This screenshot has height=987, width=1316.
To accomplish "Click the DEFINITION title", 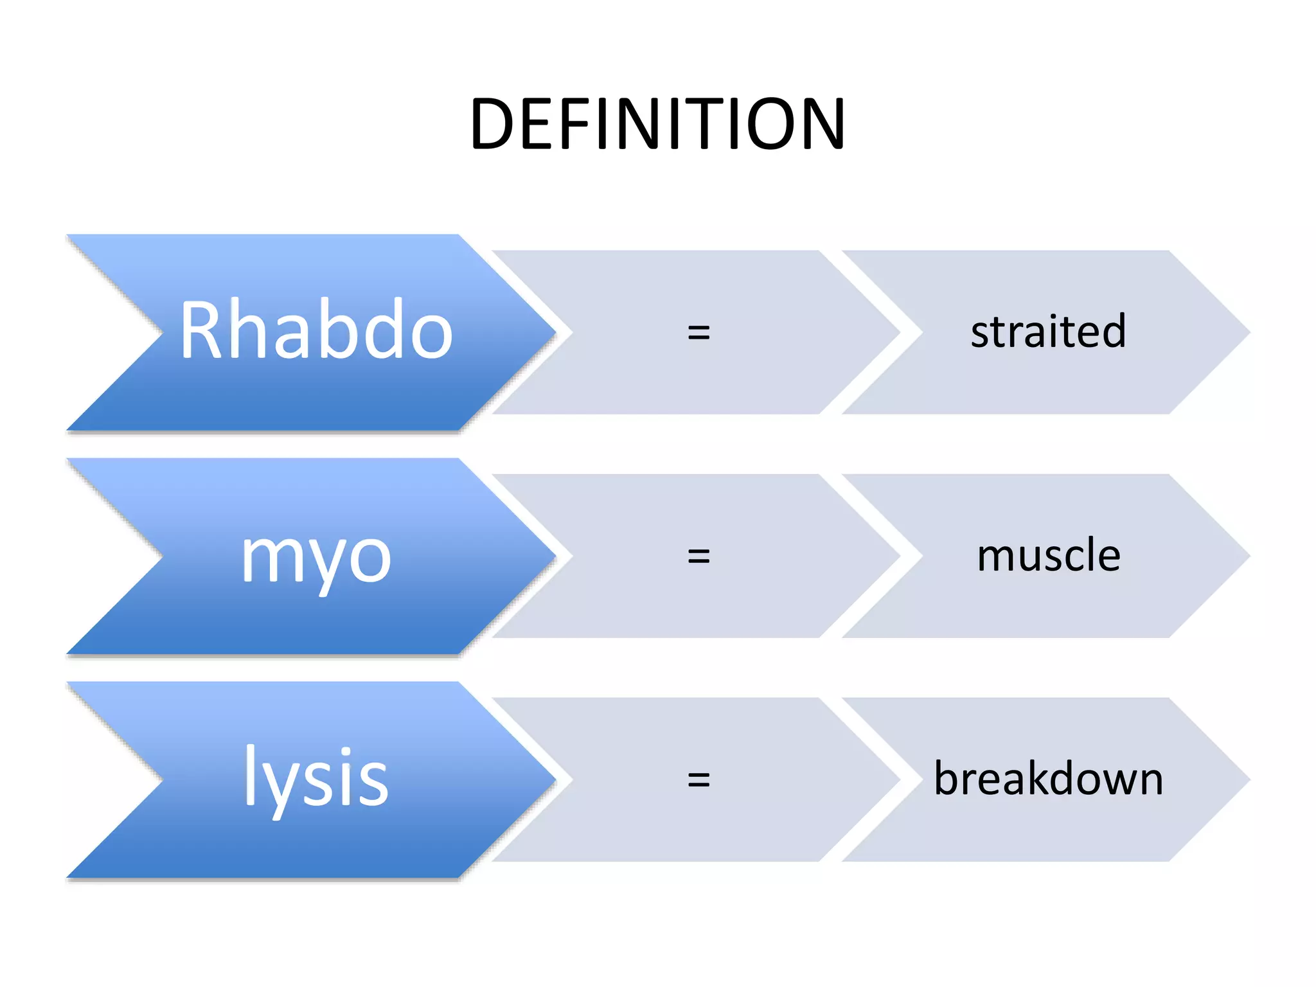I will pos(657,123).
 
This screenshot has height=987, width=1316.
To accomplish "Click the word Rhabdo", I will pos(316,330).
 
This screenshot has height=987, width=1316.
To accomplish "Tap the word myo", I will pos(316,558).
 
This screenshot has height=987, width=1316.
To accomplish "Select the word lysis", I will pos(316,778).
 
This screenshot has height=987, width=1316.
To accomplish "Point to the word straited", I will pos(1048,332).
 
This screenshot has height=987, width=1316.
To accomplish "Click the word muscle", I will pos(1048,555).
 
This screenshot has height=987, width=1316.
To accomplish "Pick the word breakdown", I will pos(1048,779).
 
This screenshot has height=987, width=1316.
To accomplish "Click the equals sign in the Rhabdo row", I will pos(698,332).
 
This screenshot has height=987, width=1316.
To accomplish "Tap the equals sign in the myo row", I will pos(698,556).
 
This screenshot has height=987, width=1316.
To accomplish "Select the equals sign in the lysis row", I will pos(698,779).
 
